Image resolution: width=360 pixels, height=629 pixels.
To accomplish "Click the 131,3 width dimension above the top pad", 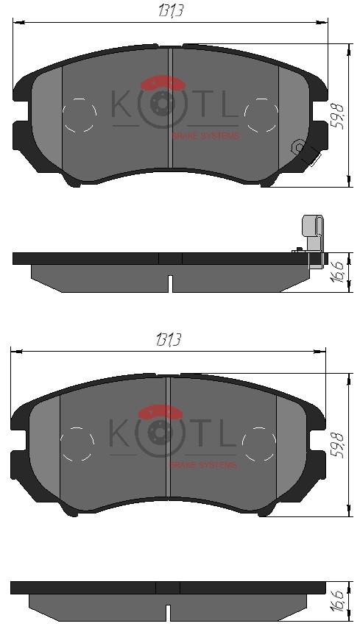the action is pyautogui.click(x=171, y=11).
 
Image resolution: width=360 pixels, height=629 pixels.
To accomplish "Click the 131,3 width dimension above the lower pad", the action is pyautogui.click(x=168, y=340).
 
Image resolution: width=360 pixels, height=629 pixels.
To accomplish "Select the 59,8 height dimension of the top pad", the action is pyautogui.click(x=338, y=116).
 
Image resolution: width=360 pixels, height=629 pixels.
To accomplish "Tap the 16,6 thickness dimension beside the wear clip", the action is pyautogui.click(x=338, y=272).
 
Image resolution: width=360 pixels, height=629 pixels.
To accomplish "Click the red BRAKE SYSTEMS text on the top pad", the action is pyautogui.click(x=205, y=136).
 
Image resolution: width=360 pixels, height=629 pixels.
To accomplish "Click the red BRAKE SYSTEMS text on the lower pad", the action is pyautogui.click(x=202, y=465).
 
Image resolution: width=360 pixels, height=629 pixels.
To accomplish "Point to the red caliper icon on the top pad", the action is pyautogui.click(x=163, y=82).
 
